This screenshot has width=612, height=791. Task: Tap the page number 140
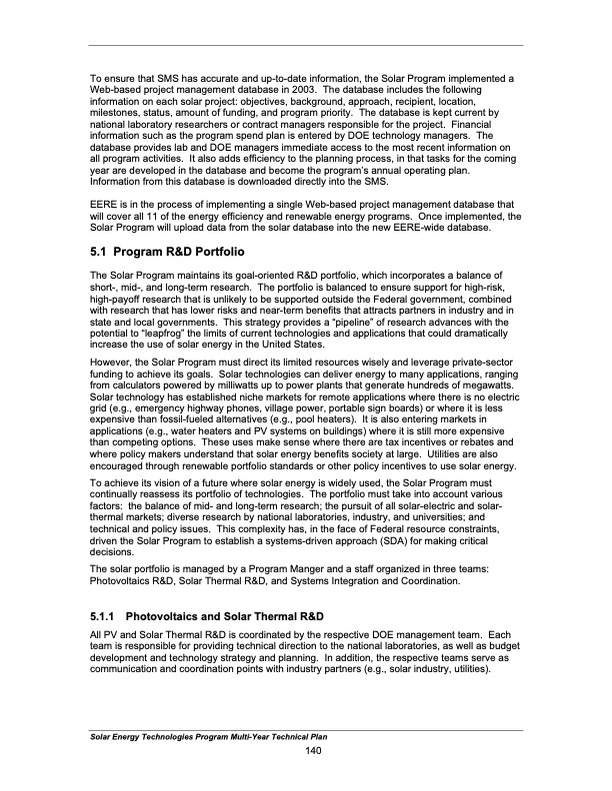point(311,750)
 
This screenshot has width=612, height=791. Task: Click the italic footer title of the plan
point(205,736)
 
